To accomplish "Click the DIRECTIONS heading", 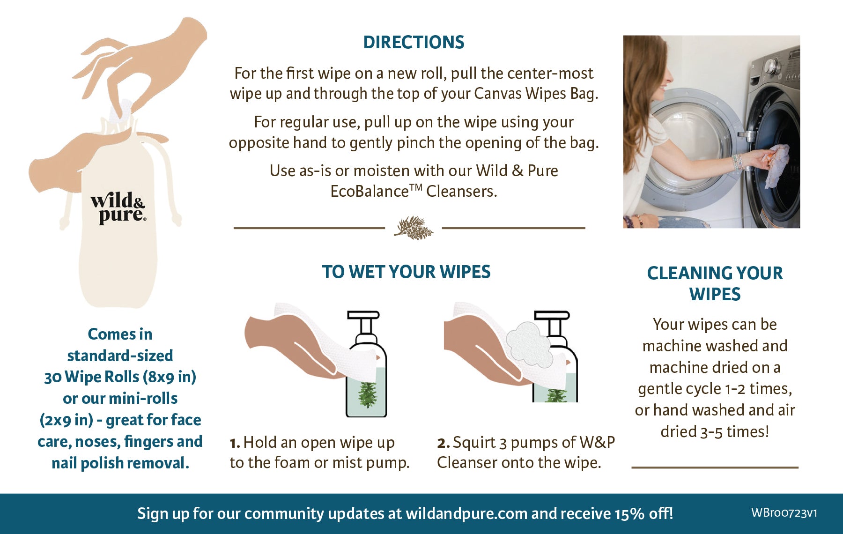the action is point(414,42).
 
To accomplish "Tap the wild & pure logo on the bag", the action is point(118,208).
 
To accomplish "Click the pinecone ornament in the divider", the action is point(414,228).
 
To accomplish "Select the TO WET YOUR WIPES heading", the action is point(406,272).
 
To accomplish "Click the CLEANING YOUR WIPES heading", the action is point(715,283).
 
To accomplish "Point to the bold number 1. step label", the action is point(235,443).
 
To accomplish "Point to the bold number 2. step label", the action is point(443,443).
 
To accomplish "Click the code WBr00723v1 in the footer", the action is point(784,513).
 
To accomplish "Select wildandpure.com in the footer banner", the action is point(466,514).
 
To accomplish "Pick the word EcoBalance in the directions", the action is point(370,191).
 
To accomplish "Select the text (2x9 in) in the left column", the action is point(67,420).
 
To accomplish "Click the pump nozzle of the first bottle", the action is point(363,314).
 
